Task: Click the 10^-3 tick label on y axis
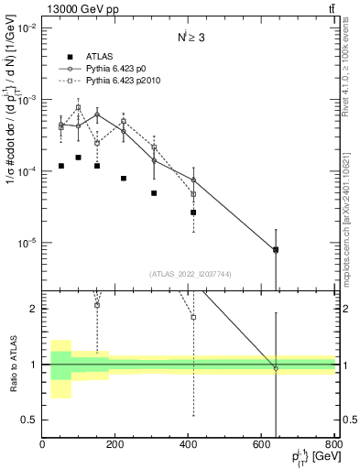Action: pyautogui.click(x=25, y=100)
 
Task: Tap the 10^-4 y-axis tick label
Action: pyautogui.click(x=25, y=171)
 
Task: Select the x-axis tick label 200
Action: pyautogui.click(x=115, y=443)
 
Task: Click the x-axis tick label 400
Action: pyautogui.click(x=189, y=443)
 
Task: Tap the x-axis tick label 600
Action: pyautogui.click(x=262, y=443)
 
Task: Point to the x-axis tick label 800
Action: pyautogui.click(x=333, y=443)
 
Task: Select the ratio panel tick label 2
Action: pyautogui.click(x=33, y=309)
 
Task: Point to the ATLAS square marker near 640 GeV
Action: pyautogui.click(x=276, y=249)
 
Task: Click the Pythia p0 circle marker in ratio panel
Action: pyautogui.click(x=276, y=368)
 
